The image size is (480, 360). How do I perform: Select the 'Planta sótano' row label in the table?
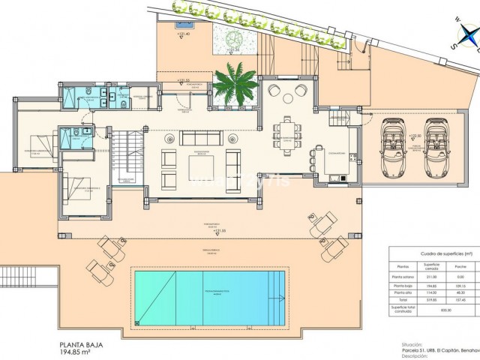[403, 276]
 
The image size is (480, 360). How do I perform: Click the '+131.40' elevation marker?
[182, 34]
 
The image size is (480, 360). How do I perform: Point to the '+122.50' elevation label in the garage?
[413, 136]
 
